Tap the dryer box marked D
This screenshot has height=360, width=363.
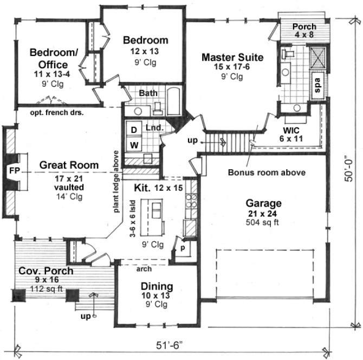133,130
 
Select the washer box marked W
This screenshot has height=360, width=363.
133,145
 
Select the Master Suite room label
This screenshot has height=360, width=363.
232,57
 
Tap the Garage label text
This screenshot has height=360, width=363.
263,203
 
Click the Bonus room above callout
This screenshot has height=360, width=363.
266,172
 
